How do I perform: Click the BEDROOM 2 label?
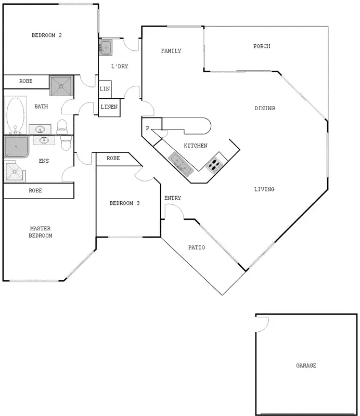(x=47, y=35)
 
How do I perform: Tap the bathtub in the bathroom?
(x=16, y=115)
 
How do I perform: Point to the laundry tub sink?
(x=106, y=48)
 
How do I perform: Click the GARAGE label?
(x=306, y=366)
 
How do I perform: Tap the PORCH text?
(x=262, y=46)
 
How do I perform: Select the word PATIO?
(x=196, y=248)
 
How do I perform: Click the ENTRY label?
(x=173, y=198)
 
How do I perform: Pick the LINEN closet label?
(x=109, y=107)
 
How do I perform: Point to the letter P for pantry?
(x=147, y=128)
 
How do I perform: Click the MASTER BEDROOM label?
(x=41, y=232)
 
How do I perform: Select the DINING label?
(x=264, y=108)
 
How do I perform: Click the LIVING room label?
(x=264, y=189)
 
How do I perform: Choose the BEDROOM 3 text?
(x=124, y=203)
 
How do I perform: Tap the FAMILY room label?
(x=171, y=51)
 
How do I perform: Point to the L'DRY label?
(x=120, y=67)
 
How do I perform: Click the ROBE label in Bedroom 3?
(x=113, y=158)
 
